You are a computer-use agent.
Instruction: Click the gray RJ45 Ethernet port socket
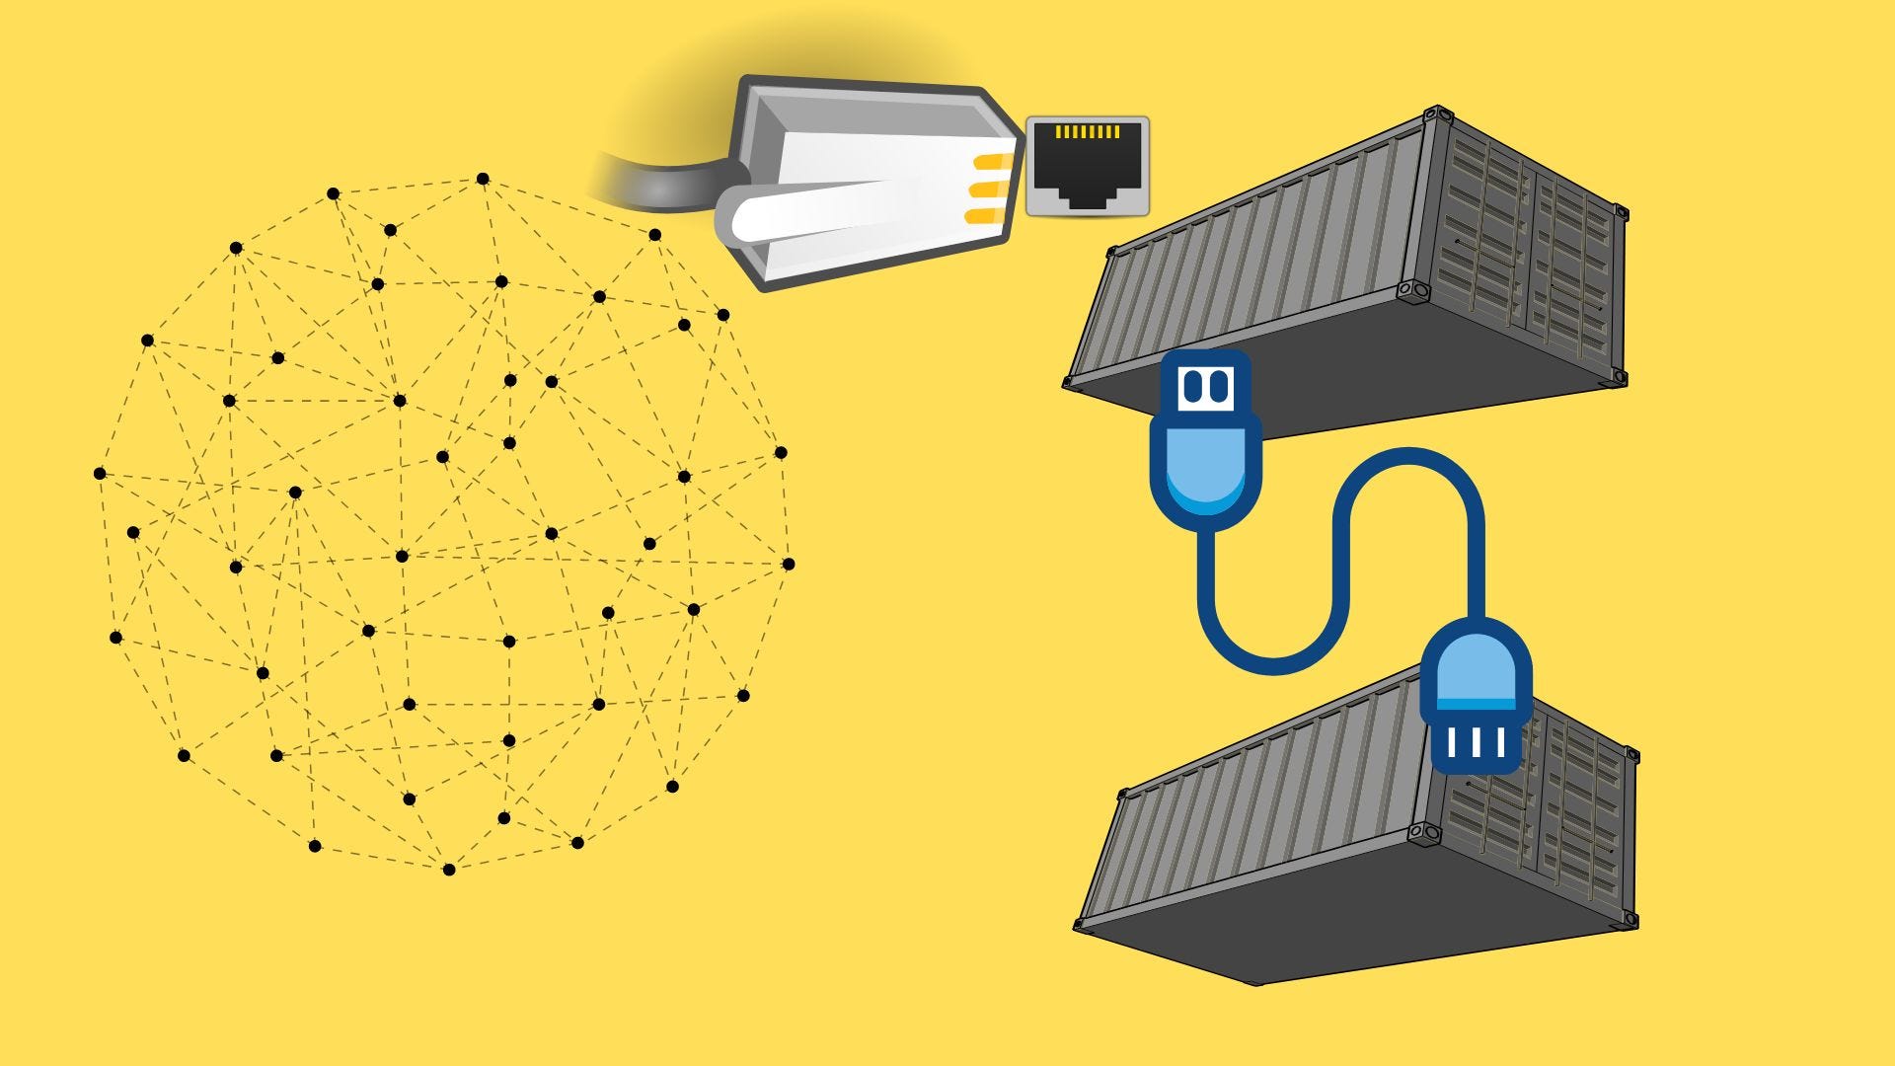1088,166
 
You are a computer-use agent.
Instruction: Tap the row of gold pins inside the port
1087,131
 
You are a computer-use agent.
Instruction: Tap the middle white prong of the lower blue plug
1476,742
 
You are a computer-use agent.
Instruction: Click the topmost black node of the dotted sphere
483,179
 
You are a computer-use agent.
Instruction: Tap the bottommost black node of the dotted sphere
449,870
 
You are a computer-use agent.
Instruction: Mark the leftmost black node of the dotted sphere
100,474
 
